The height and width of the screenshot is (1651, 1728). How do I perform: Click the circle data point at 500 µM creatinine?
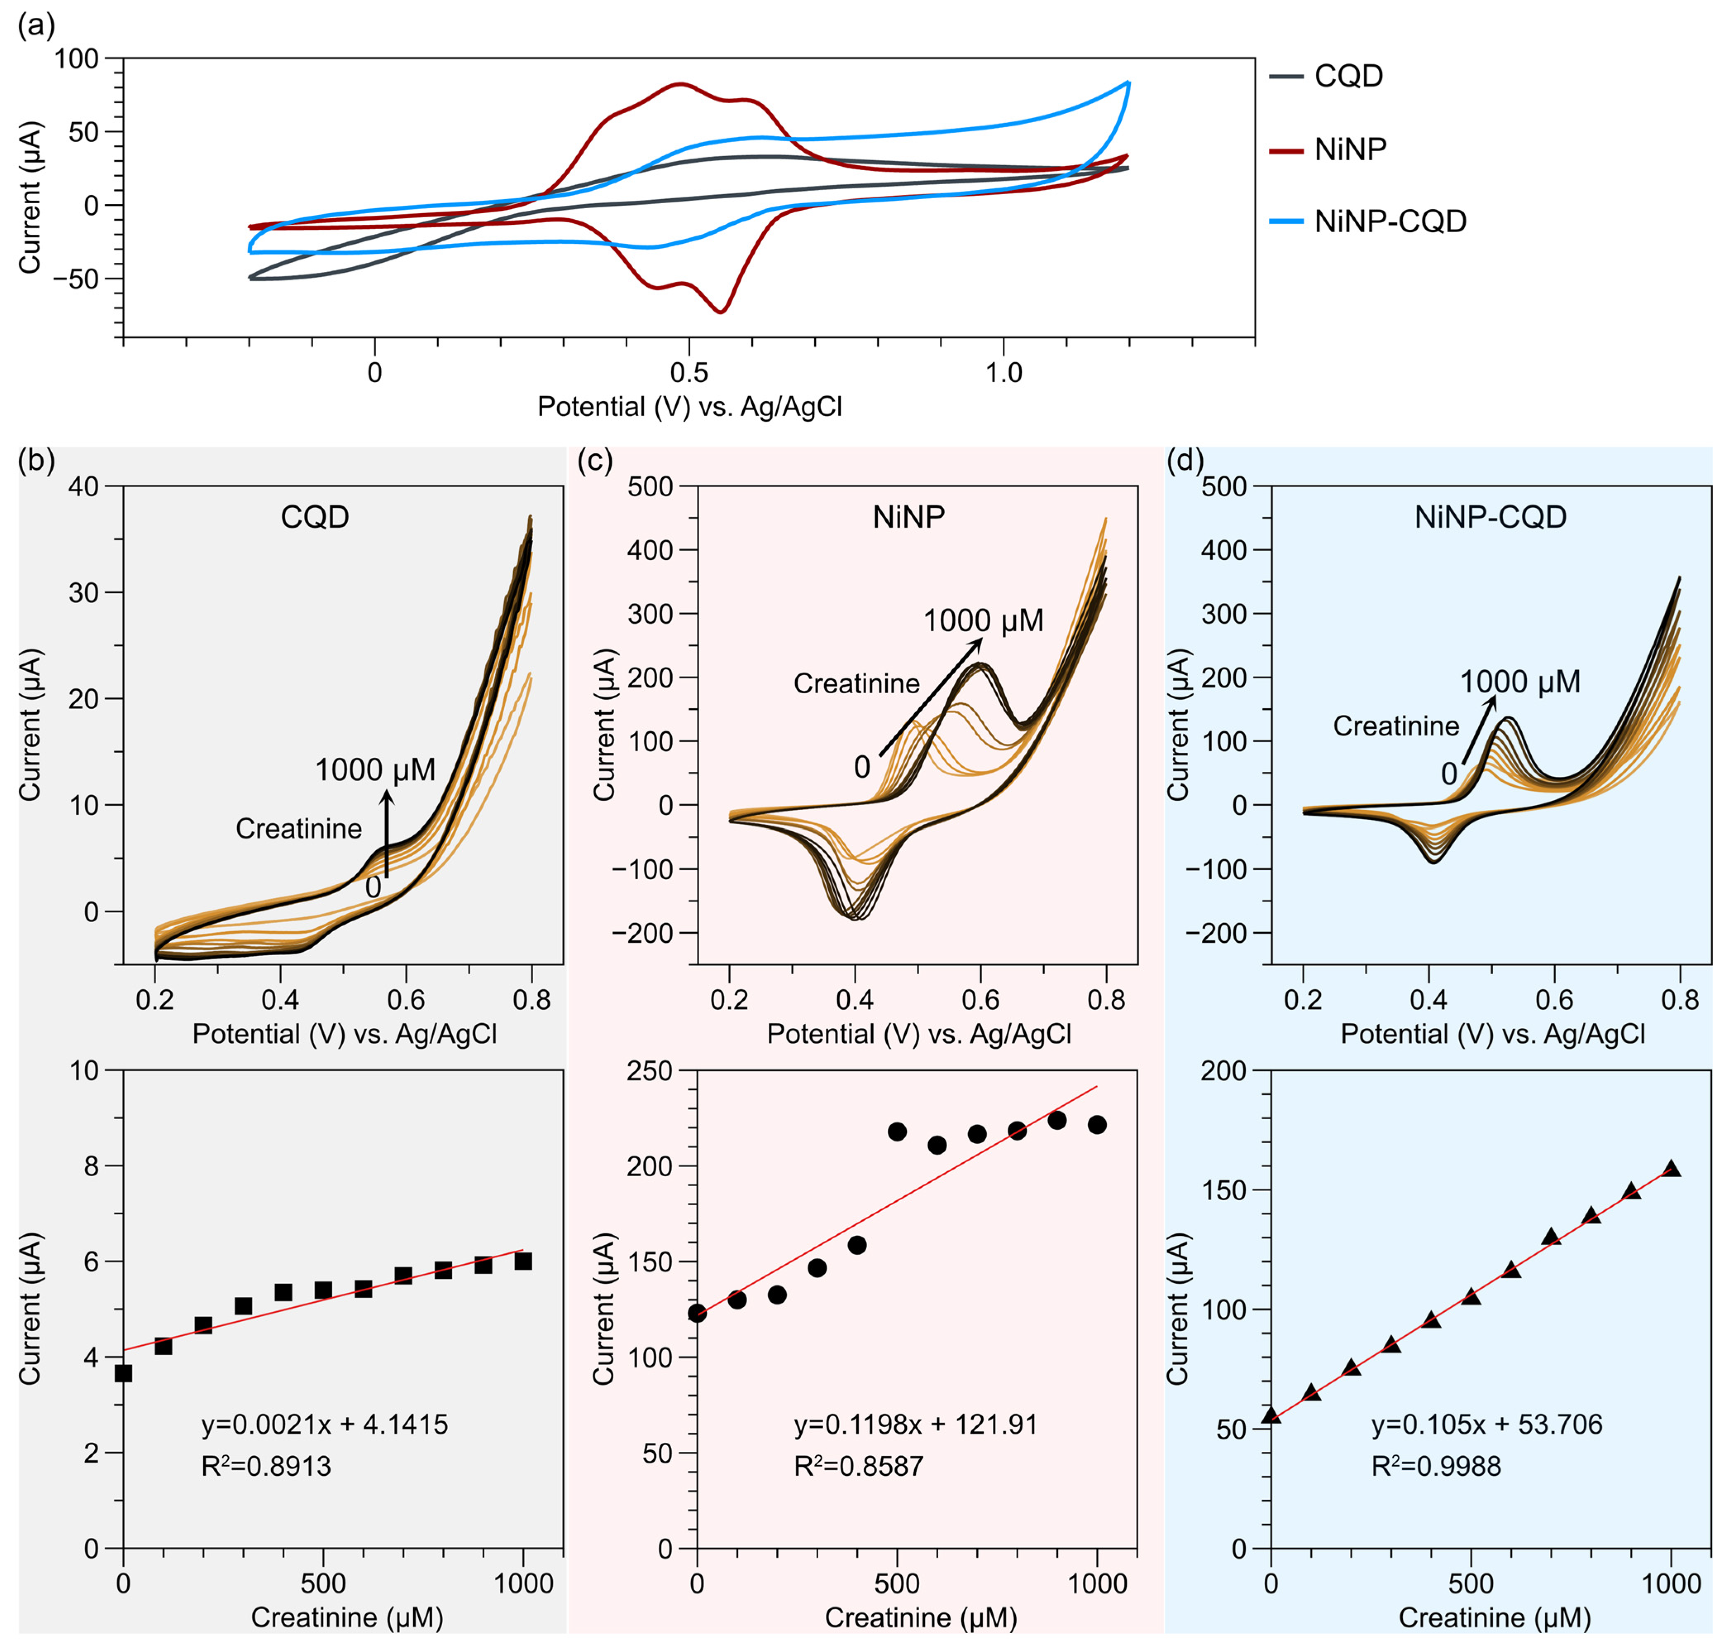(897, 1132)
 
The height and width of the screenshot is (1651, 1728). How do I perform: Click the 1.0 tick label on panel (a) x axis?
(1003, 373)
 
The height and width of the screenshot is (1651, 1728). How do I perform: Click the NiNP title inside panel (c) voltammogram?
(908, 516)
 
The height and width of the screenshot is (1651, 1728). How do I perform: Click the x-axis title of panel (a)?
(689, 407)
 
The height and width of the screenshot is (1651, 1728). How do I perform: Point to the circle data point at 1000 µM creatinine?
(1097, 1125)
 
